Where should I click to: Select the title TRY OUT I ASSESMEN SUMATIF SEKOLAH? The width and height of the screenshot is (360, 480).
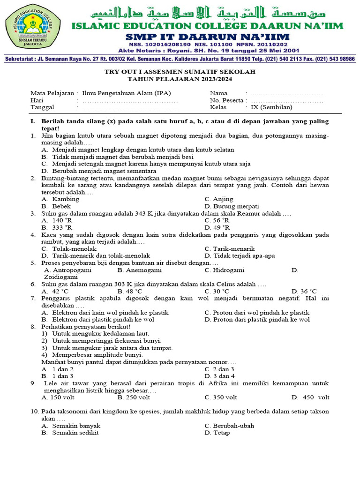pos(180,72)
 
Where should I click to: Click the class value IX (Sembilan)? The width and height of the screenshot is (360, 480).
pos(271,107)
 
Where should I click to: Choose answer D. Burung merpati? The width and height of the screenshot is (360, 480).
pos(232,206)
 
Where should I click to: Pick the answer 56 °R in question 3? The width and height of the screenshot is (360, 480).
pos(217,220)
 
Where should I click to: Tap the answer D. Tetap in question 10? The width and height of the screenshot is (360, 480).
pos(217,433)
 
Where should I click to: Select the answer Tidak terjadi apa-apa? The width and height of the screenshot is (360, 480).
pos(240,256)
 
